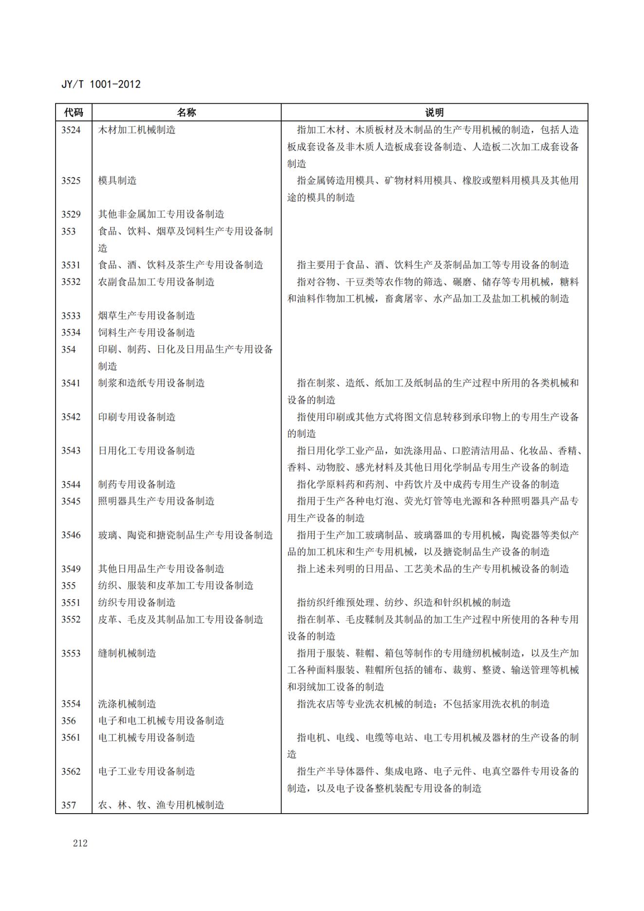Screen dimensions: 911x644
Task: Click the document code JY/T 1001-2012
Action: tap(101, 84)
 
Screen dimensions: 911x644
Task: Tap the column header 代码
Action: tap(74, 112)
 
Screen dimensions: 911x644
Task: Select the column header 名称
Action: tap(186, 112)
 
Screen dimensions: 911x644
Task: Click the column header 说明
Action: tap(434, 112)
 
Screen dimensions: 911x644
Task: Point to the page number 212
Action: tap(80, 843)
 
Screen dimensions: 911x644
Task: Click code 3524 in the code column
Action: tap(71, 130)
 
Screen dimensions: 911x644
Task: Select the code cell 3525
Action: tap(71, 181)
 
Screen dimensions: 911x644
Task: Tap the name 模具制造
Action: tap(117, 181)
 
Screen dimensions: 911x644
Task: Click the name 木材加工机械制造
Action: tap(137, 130)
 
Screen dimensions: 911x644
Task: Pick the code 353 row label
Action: tap(69, 231)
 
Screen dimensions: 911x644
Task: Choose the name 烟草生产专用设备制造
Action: tap(147, 316)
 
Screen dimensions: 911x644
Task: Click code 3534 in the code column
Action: tap(71, 333)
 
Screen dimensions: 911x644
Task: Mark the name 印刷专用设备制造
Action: tap(137, 417)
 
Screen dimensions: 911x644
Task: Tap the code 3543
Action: tap(71, 451)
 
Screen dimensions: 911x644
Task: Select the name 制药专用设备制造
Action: tap(137, 484)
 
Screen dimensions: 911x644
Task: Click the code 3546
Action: tap(71, 535)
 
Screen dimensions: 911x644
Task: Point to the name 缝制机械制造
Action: tap(127, 653)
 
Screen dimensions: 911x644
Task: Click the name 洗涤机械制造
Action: tap(127, 704)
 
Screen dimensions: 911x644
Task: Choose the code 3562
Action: tap(71, 771)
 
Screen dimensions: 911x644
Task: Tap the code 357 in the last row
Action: tap(69, 805)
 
